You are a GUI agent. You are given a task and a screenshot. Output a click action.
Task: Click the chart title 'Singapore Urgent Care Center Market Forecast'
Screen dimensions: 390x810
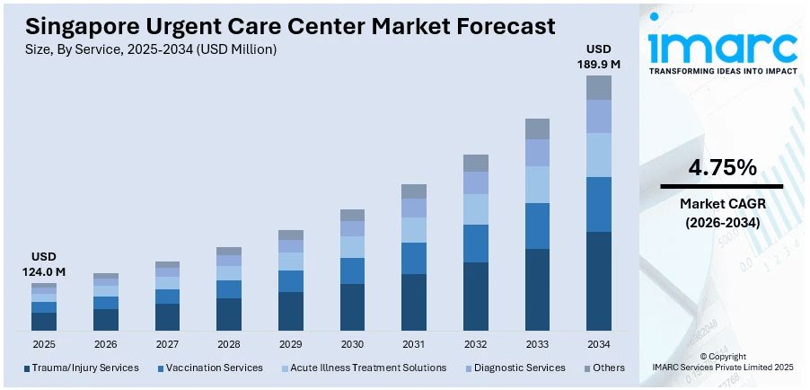tap(291, 26)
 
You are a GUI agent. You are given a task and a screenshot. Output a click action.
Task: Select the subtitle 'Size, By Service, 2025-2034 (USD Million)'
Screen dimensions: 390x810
tap(152, 50)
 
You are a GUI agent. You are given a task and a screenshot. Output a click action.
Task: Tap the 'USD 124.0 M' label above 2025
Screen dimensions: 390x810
tap(43, 264)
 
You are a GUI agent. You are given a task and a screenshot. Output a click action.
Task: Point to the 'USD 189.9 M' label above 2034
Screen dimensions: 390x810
tap(598, 56)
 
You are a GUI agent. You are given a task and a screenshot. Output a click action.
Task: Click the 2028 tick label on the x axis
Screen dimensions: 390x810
tap(229, 344)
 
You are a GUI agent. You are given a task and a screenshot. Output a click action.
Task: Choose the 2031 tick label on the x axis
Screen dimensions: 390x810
tap(414, 344)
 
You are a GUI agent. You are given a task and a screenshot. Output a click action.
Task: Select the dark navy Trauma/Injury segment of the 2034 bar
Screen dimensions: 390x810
tap(599, 281)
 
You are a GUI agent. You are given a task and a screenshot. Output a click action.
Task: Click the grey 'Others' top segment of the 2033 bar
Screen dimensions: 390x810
tap(537, 129)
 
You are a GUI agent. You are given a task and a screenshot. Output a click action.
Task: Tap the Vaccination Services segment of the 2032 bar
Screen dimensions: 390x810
tap(476, 244)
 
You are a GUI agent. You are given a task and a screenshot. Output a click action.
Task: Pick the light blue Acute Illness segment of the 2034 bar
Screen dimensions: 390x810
tap(599, 155)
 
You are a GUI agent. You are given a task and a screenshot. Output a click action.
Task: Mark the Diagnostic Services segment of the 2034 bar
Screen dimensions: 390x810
tap(599, 116)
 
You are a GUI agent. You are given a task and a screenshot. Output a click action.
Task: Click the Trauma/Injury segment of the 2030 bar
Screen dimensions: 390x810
tap(352, 307)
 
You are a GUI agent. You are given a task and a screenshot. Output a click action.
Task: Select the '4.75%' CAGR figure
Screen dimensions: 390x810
tap(722, 167)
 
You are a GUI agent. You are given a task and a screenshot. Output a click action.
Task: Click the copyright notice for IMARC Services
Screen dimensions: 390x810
tap(723, 362)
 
